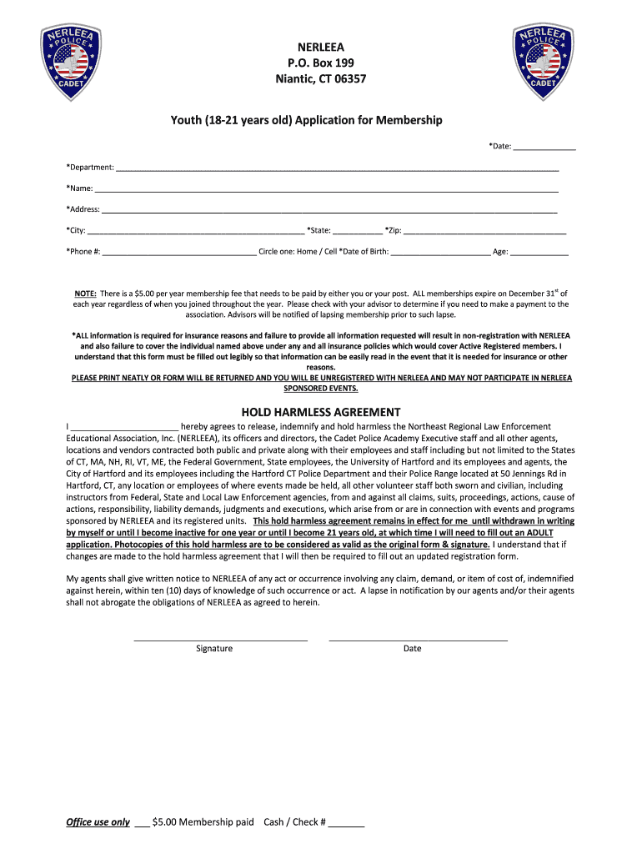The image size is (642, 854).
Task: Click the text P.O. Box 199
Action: pyautogui.click(x=321, y=63)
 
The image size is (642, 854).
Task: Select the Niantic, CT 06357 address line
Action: pyautogui.click(x=321, y=79)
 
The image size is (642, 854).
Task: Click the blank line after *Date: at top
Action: pyautogui.click(x=544, y=148)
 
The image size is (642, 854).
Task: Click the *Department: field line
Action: pyautogui.click(x=337, y=168)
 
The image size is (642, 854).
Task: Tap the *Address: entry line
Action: pyautogui.click(x=329, y=210)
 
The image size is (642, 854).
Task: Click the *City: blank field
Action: pyautogui.click(x=196, y=231)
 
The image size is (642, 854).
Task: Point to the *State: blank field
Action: pyautogui.click(x=358, y=231)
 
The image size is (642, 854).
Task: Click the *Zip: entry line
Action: pyautogui.click(x=485, y=231)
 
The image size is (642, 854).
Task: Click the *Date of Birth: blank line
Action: pyautogui.click(x=440, y=252)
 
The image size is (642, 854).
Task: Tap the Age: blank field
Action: pyautogui.click(x=539, y=252)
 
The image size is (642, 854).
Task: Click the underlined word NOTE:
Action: pyautogui.click(x=85, y=294)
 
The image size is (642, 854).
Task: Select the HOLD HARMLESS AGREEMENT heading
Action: pyautogui.click(x=321, y=412)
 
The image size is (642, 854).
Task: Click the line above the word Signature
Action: pyautogui.click(x=221, y=639)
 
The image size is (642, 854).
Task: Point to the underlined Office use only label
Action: pyautogui.click(x=98, y=822)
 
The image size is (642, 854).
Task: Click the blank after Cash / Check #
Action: pyautogui.click(x=347, y=824)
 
